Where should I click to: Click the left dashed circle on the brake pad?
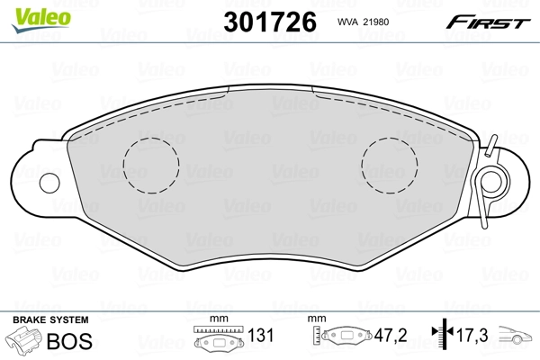click(151, 165)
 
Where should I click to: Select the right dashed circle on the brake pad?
click(390, 165)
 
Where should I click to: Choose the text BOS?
click(68, 341)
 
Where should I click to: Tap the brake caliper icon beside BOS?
click(22, 342)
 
